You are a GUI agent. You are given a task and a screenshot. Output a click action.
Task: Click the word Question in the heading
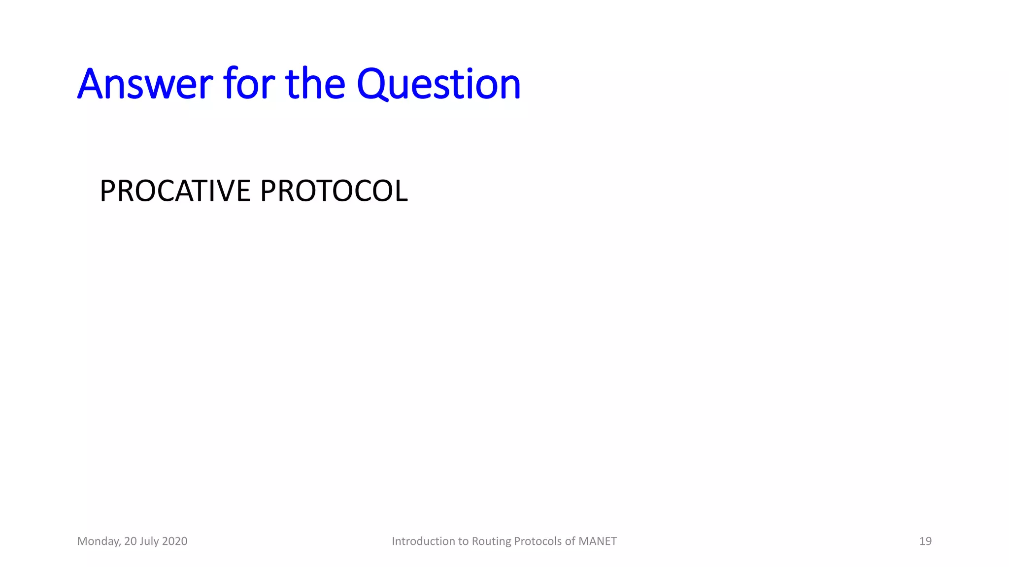[438, 84]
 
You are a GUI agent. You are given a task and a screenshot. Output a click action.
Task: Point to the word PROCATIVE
[175, 191]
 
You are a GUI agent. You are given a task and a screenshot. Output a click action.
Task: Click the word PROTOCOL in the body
[334, 191]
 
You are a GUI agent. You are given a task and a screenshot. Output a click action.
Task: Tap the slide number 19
[925, 541]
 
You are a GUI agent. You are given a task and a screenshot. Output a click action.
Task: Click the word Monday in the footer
[99, 541]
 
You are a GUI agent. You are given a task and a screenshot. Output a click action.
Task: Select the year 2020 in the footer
[174, 541]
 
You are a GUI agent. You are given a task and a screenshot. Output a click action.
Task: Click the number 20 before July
[130, 541]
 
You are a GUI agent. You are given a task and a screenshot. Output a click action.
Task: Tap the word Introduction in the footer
[423, 541]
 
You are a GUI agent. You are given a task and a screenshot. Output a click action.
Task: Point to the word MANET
[597, 541]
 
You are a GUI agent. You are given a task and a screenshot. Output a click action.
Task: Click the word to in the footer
[464, 541]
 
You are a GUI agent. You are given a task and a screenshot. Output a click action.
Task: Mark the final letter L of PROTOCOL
[401, 191]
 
